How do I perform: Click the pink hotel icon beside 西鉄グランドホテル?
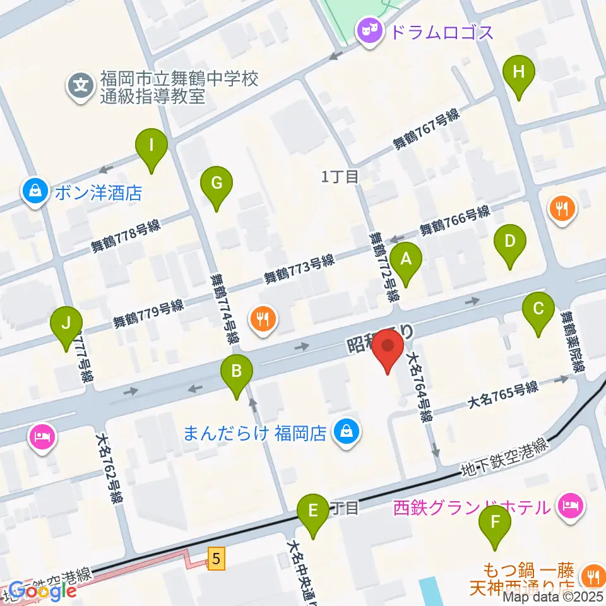[x=571, y=506]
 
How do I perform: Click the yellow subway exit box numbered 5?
[x=217, y=559]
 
